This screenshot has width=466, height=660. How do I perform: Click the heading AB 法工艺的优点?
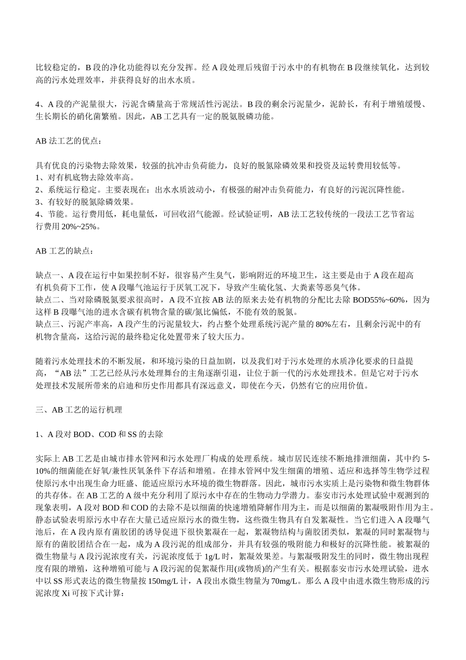pyautogui.click(x=69, y=141)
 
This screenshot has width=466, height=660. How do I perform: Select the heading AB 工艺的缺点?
pyautogui.click(x=63, y=251)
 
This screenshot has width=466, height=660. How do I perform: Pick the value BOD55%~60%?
pyautogui.click(x=379, y=300)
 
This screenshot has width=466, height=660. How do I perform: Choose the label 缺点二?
pyautogui.click(x=48, y=300)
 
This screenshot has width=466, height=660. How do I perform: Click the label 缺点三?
pyautogui.click(x=48, y=324)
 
